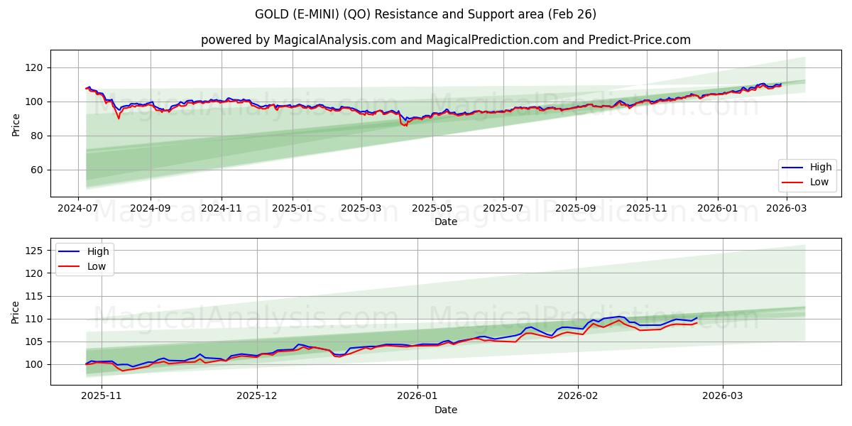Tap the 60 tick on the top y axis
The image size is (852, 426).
[x=37, y=170]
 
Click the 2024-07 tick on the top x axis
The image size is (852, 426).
[x=79, y=209]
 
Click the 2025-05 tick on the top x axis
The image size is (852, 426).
[x=432, y=209]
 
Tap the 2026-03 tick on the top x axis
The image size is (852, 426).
[x=785, y=209]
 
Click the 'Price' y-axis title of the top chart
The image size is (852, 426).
[x=16, y=124]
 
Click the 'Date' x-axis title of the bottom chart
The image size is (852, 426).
[x=445, y=410]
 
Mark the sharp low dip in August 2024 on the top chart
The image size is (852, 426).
[x=119, y=118]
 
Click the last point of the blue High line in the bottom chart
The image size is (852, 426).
[x=697, y=317]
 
